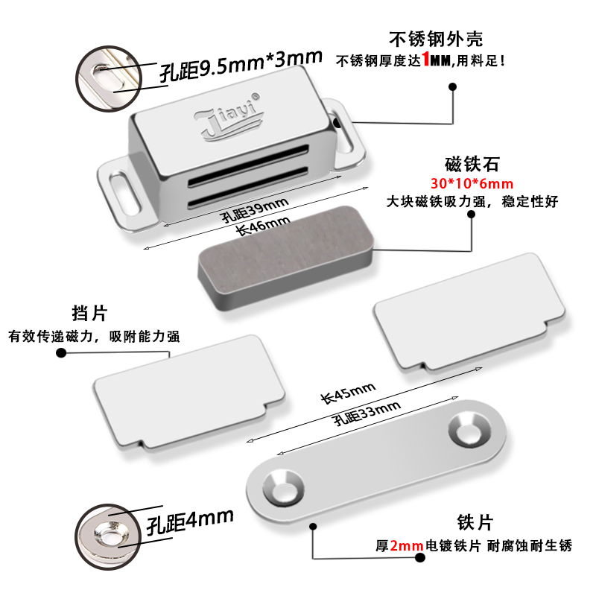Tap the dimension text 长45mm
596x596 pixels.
[x=346, y=393]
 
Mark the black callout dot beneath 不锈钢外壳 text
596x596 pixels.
[x=452, y=86]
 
